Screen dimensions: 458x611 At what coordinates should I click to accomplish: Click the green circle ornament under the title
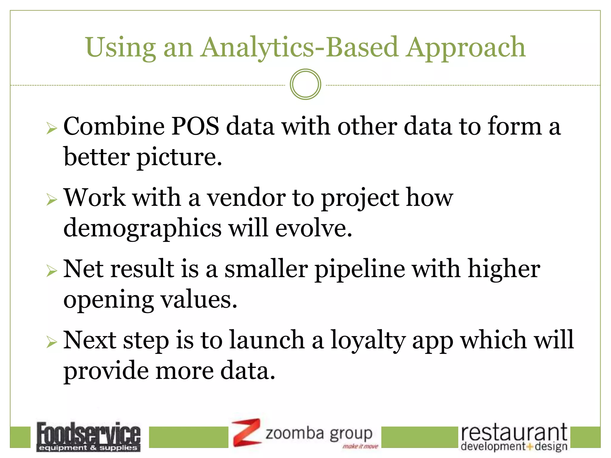[305, 84]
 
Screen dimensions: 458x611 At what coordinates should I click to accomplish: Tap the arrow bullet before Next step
[52, 343]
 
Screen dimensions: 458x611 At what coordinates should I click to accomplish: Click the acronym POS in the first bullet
[195, 126]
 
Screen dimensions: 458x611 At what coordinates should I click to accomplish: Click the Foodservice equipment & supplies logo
[88, 437]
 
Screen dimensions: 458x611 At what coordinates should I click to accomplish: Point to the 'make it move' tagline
[360, 446]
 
